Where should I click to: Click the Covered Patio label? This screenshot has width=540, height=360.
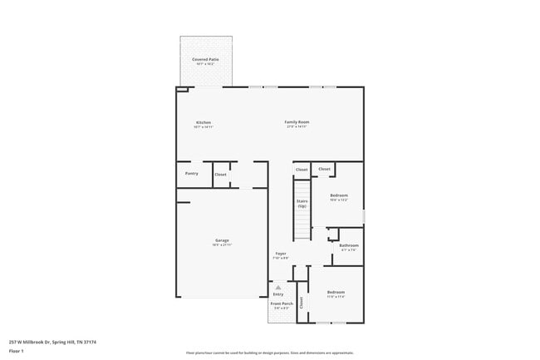[206, 60]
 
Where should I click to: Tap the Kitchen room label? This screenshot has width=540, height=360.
[204, 123]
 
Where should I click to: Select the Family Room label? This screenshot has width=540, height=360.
[297, 123]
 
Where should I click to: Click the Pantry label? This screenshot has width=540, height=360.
[191, 174]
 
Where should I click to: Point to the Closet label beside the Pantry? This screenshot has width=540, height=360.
[220, 175]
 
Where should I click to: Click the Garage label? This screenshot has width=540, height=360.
[222, 241]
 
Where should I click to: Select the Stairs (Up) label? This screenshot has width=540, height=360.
[302, 203]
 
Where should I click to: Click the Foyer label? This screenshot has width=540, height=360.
[281, 254]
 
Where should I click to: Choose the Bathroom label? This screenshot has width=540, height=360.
[349, 245]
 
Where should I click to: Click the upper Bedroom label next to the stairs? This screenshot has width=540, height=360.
[338, 196]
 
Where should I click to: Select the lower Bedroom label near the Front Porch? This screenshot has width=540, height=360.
[336, 293]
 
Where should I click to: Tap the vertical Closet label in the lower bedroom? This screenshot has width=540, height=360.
[302, 303]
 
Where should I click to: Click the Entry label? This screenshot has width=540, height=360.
[278, 294]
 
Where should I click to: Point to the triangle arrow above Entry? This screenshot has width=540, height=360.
[278, 287]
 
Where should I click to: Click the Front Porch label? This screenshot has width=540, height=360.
[281, 304]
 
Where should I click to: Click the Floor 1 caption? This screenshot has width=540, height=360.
[17, 351]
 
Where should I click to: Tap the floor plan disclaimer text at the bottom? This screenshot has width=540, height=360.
[270, 353]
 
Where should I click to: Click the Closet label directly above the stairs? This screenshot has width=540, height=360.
[302, 170]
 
